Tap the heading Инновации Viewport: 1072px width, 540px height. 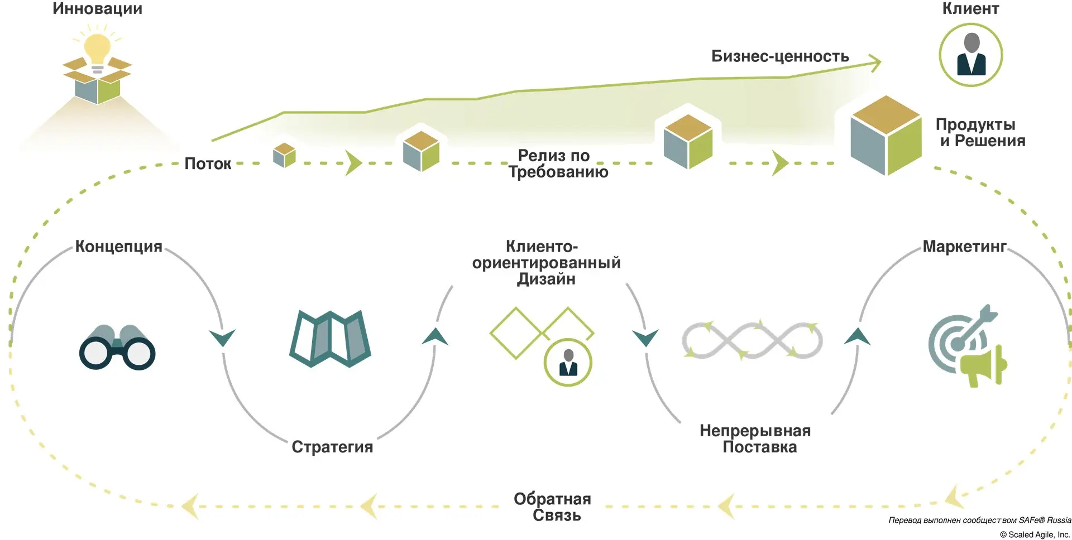[97, 9]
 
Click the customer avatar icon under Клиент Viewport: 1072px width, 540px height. [970, 55]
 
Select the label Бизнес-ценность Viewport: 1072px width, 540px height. [779, 56]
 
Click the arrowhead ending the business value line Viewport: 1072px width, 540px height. [875, 62]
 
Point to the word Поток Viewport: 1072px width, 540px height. [207, 163]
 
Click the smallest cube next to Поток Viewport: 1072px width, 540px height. [284, 155]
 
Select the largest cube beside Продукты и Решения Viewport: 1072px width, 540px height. [886, 136]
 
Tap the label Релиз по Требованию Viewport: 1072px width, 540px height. [557, 163]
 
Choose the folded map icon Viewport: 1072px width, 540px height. [330, 338]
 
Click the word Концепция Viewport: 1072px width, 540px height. [118, 247]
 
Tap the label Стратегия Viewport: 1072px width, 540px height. [332, 447]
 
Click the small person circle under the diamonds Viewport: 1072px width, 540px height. [568, 363]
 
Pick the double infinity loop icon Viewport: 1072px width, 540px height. [752, 340]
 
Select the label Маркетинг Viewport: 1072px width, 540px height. [964, 246]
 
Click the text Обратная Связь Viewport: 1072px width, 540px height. [553, 507]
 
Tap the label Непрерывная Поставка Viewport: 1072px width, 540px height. [755, 438]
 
